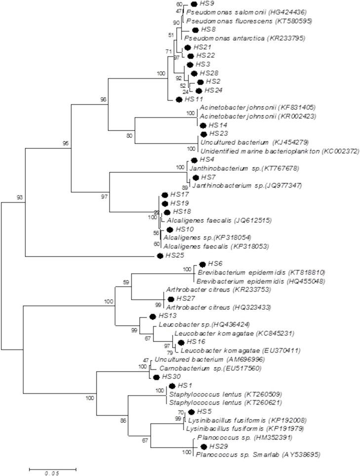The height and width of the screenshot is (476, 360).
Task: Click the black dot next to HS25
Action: coord(160,255)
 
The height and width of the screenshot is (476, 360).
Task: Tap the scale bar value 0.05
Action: coord(52,473)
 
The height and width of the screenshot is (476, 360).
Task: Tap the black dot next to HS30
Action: coord(156,377)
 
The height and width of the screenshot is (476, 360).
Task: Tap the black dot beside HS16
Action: coord(181,342)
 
